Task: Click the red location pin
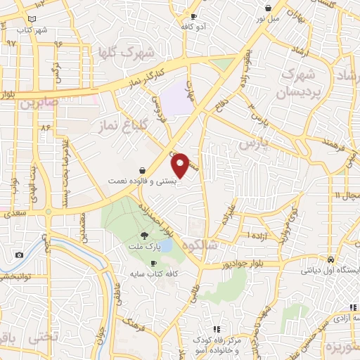tap(181, 165)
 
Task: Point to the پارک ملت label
tap(144, 247)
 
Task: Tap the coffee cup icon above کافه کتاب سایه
tap(154, 263)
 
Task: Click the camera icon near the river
tap(19, 255)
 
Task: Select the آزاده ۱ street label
tap(258, 233)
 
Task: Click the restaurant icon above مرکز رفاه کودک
tap(217, 328)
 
